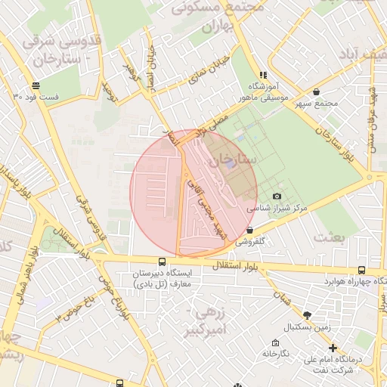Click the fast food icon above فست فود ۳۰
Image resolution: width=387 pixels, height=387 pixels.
pos(36,85)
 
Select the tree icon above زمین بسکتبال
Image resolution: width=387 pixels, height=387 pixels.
pos(306,315)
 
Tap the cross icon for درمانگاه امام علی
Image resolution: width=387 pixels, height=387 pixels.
pos(333,348)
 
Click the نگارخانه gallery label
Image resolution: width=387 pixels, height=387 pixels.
pos(277,353)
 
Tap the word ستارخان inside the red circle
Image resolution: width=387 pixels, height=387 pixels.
pos(234,160)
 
